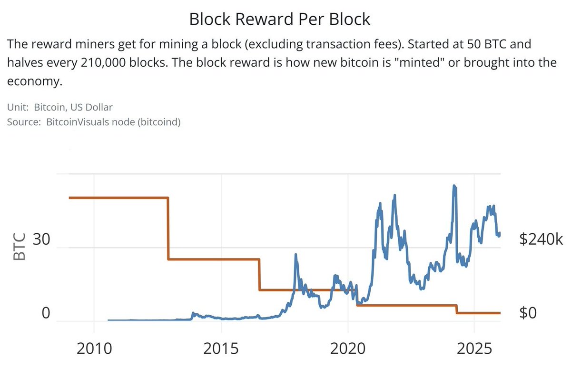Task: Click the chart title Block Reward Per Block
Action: point(279,19)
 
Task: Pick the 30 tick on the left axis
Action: point(41,240)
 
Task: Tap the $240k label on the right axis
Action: point(541,240)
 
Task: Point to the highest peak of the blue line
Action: point(454,186)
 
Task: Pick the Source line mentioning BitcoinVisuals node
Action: point(94,122)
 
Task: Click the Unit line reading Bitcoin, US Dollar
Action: point(60,108)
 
